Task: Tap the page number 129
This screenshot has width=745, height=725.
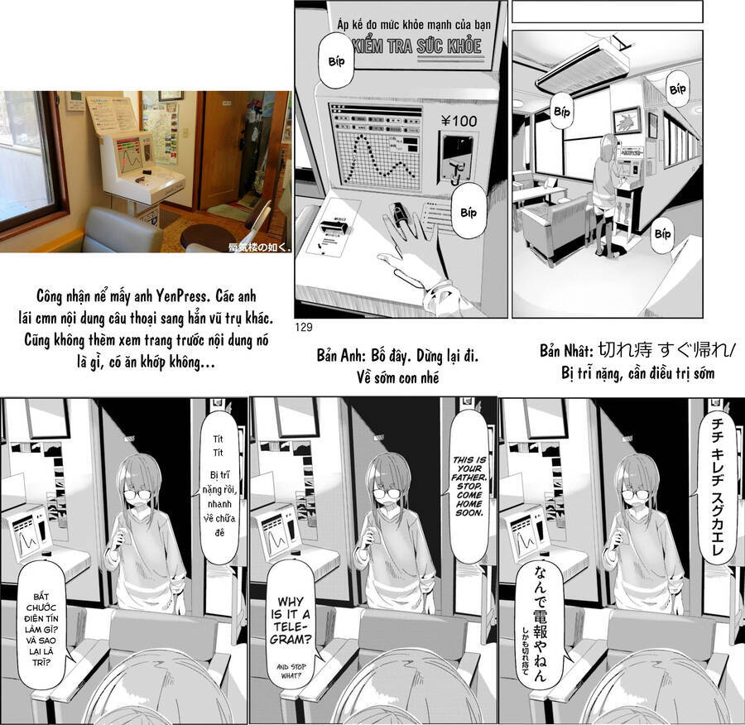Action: (x=302, y=328)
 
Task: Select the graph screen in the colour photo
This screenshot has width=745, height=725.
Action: (x=129, y=154)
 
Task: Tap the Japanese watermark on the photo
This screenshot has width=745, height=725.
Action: (x=258, y=246)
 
